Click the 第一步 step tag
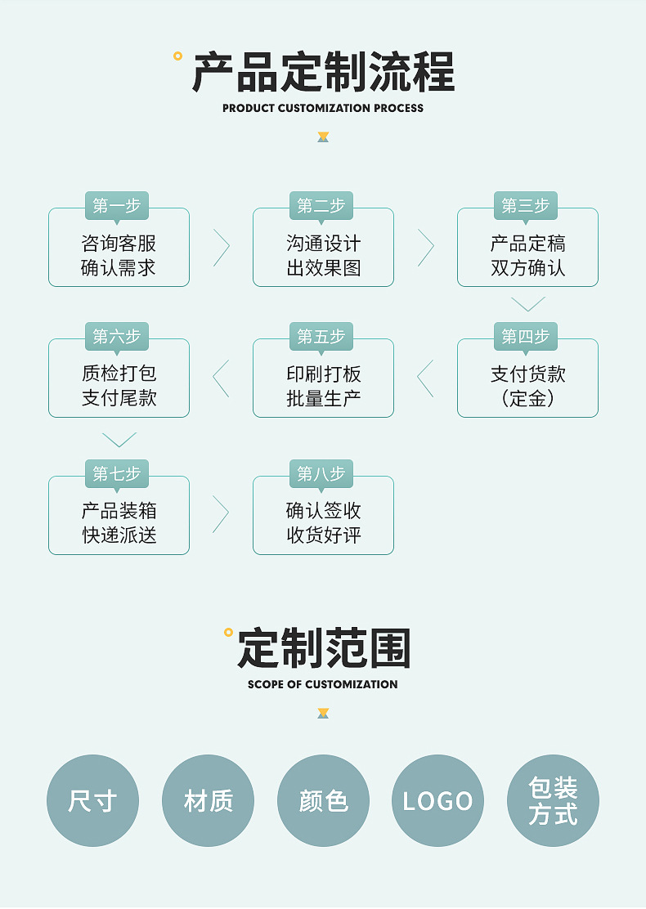coord(117,205)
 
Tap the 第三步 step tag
coord(526,205)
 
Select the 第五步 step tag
coord(321,336)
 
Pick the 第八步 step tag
coord(321,473)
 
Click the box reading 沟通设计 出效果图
coord(323,256)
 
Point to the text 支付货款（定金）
coord(527,386)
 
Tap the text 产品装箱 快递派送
coord(119,523)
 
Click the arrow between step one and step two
coord(221,248)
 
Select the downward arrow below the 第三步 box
coord(527,304)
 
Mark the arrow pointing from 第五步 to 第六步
coord(221,378)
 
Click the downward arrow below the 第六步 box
coord(119,440)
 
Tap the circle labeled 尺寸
coord(92,800)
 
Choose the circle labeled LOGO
coord(437,800)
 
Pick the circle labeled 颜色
coord(323,800)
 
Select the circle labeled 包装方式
coord(553,800)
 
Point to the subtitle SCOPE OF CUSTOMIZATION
coord(323,684)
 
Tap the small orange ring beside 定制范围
coord(228,632)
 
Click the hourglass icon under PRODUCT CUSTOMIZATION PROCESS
coord(323,137)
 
